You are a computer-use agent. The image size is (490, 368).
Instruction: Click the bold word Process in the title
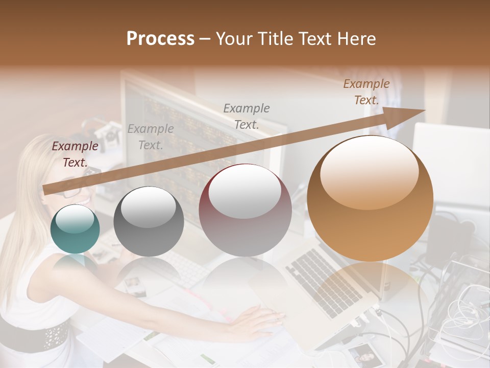160,38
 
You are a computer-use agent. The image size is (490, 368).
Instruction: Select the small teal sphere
75,229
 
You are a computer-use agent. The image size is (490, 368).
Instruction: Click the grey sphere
149,221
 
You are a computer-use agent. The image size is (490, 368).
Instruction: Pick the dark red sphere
245,210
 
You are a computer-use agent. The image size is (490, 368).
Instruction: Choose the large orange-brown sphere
370,198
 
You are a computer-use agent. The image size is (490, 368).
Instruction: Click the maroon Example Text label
75,154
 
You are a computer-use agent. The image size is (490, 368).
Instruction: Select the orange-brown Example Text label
366,92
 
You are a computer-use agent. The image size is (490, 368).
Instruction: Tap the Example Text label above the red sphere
247,116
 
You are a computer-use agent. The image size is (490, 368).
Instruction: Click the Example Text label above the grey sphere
151,137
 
